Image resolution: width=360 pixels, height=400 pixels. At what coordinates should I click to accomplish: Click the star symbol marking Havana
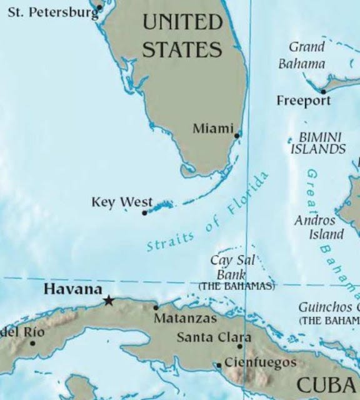109,301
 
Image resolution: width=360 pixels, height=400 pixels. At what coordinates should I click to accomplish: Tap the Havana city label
72,289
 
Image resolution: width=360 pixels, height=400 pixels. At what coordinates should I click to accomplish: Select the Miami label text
212,129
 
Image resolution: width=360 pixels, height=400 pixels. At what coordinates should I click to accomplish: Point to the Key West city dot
145,212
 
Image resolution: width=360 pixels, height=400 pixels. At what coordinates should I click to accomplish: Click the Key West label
122,202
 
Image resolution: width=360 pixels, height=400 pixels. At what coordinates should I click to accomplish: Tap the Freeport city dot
323,91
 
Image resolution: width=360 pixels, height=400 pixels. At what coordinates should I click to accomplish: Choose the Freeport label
304,101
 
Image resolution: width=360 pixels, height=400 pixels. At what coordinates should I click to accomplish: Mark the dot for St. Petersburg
99,7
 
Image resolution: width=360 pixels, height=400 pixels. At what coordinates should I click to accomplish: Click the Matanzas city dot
156,307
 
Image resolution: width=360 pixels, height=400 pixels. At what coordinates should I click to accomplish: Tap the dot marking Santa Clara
240,346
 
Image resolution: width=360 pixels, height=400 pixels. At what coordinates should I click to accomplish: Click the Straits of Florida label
208,214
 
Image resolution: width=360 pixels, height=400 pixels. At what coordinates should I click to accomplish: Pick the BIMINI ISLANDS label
319,143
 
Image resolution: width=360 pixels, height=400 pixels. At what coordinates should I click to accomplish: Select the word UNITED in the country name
182,23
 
